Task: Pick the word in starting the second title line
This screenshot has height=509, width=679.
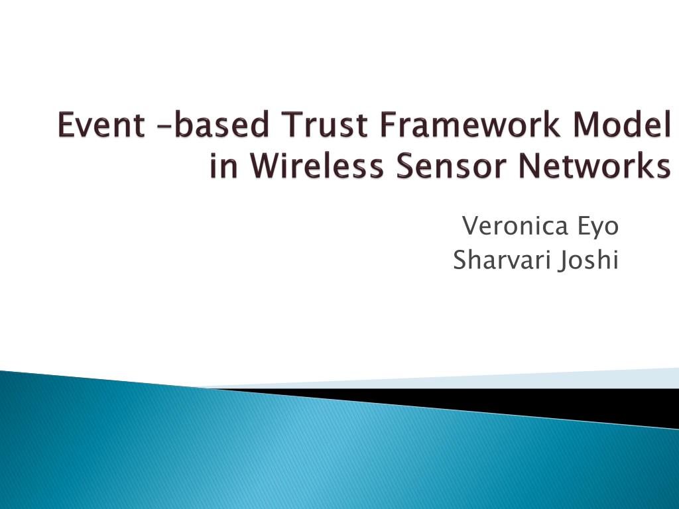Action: coord(224,166)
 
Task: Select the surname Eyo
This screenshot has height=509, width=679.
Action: coord(596,228)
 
